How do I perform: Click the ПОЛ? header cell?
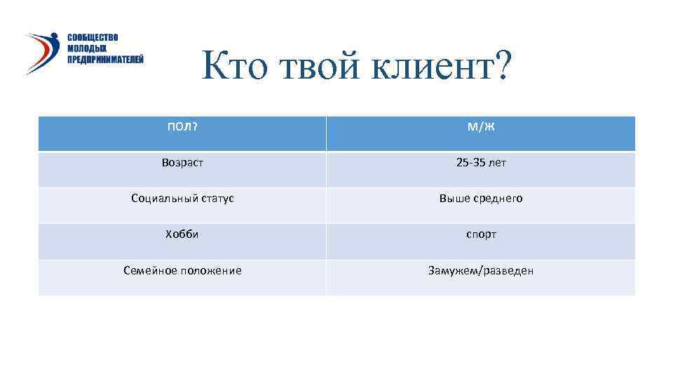coord(182,126)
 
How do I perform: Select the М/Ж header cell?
coord(481,126)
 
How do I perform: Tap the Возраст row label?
coord(182,162)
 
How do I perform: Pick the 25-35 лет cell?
coord(481,162)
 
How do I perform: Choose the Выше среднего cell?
coord(481,199)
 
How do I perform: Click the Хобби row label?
coord(182,234)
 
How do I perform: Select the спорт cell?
coord(481,234)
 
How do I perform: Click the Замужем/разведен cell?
coord(481,270)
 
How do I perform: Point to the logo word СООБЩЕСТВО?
coord(93,37)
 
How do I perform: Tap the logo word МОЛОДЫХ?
coord(87,48)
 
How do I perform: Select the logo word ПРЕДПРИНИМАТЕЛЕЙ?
coord(105,60)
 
